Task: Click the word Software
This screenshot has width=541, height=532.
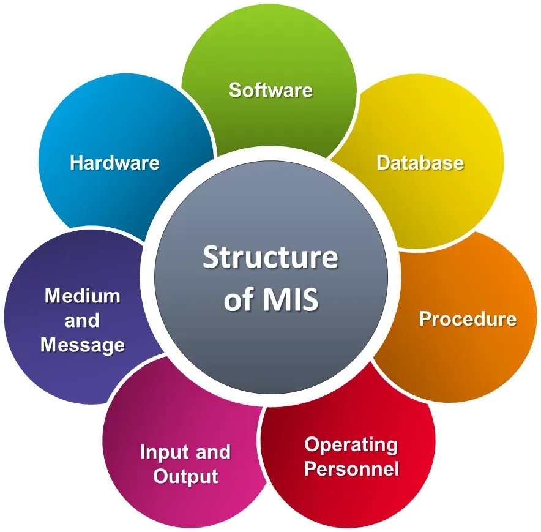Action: click(271, 90)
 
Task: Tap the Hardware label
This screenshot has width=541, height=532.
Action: click(115, 163)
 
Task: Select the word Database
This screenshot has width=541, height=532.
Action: click(420, 163)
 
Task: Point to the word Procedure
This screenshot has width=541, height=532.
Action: click(468, 318)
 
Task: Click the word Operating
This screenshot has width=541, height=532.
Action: click(351, 446)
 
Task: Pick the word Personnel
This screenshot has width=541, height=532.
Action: click(351, 469)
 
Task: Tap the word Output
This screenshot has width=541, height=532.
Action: click(185, 477)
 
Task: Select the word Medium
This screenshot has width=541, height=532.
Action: click(83, 296)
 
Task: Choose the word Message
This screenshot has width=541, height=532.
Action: click(83, 345)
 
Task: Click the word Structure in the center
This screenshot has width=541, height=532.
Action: click(270, 257)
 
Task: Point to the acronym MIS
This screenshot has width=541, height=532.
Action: click(291, 299)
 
